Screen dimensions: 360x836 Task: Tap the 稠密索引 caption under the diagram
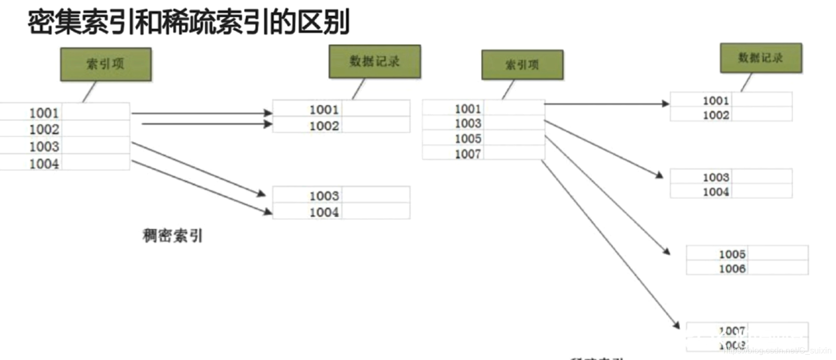[172, 235]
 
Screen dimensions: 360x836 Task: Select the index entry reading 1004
[44, 164]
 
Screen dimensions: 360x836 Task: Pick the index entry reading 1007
[468, 154]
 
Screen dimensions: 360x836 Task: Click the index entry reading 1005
[468, 139]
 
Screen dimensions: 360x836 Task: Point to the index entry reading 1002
[44, 129]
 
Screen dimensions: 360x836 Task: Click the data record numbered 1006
[732, 268]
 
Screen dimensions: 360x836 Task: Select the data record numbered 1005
[732, 254]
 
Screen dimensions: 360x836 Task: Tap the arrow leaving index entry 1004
[201, 187]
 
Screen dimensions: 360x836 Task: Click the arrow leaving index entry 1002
[206, 124]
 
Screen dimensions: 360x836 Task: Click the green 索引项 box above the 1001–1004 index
[106, 64]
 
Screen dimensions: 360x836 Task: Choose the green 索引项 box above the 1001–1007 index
[522, 65]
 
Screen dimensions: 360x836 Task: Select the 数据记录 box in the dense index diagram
[375, 61]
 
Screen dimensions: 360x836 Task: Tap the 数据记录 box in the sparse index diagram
[760, 58]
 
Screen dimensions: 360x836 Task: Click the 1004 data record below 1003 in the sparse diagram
[716, 192]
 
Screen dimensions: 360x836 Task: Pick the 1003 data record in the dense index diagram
[324, 196]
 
